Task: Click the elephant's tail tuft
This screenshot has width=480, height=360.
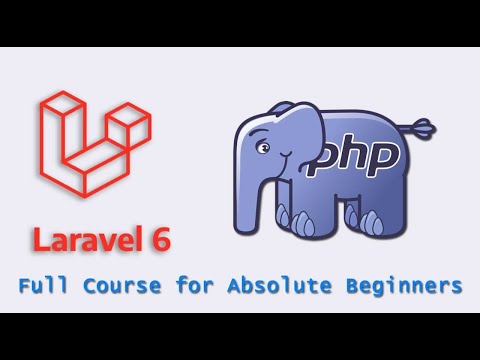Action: [429, 127]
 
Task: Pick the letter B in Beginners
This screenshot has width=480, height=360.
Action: [345, 287]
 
